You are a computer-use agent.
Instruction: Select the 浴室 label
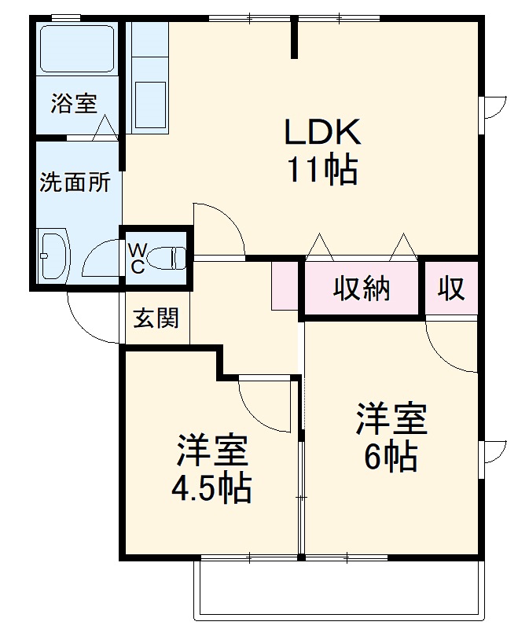[75, 103]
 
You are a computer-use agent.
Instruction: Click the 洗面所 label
[75, 183]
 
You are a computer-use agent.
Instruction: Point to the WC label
[137, 258]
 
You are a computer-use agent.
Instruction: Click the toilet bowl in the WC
[167, 257]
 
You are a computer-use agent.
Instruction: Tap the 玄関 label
[156, 318]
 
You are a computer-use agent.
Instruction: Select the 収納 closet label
[362, 289]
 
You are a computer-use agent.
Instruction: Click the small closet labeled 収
[452, 289]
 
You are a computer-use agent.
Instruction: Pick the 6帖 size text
[391, 457]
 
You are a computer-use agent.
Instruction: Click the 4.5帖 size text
[211, 488]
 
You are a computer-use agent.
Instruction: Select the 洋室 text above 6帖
[391, 419]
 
